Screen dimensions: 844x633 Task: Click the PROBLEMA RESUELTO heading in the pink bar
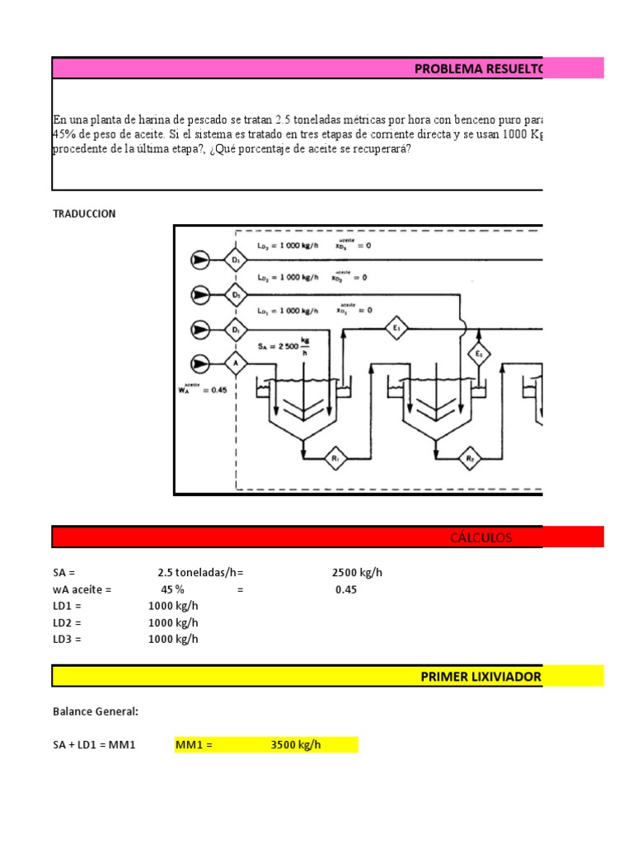479,69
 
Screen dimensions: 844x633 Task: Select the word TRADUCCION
84,213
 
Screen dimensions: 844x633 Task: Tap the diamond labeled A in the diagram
237,363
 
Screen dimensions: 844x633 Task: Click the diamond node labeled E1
396,327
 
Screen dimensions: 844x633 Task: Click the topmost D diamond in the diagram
237,260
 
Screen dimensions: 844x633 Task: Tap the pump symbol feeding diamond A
199,363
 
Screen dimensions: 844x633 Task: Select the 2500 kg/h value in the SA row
357,573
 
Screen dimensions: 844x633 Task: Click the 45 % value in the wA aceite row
172,590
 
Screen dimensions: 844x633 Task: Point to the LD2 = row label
68,623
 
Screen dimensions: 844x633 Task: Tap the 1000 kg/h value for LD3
173,640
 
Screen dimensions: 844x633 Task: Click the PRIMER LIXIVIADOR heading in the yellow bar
481,677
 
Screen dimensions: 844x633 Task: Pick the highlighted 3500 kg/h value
295,745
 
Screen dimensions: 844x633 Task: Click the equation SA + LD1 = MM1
93,745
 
